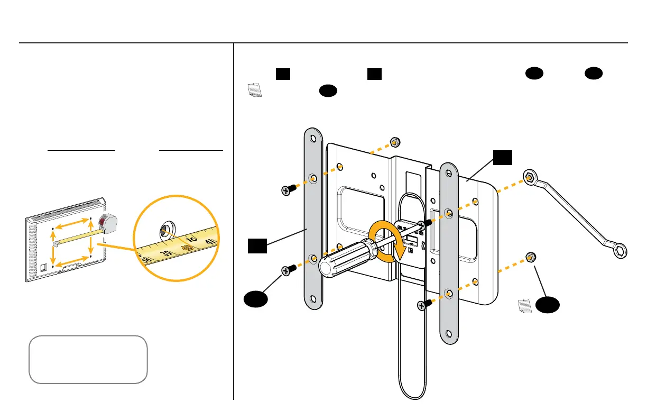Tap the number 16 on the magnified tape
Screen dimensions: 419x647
[191, 241]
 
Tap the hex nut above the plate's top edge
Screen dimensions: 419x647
[394, 142]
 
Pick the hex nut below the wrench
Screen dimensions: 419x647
[530, 258]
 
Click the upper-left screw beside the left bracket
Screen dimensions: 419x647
[288, 189]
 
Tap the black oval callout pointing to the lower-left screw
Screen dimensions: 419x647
[255, 300]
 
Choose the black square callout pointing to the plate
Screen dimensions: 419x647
[502, 157]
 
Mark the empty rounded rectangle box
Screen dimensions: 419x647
[88, 359]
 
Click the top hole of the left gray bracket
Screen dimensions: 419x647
[313, 140]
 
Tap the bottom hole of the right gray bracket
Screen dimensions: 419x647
[449, 334]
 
